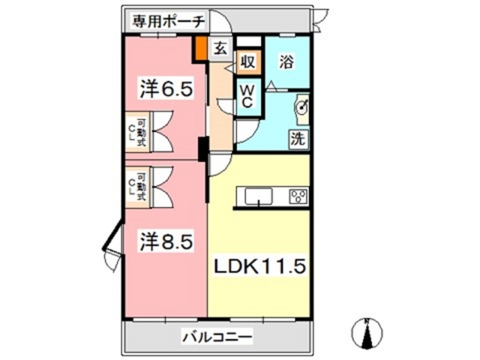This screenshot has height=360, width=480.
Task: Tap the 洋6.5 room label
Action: click(166, 89)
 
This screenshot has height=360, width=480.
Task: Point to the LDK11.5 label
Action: click(259, 266)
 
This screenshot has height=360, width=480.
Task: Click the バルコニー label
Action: click(217, 337)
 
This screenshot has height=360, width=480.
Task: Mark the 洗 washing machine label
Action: click(298, 139)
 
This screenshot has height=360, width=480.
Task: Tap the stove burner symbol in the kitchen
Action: click(298, 196)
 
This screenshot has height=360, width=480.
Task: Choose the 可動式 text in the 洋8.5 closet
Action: click(142, 184)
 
